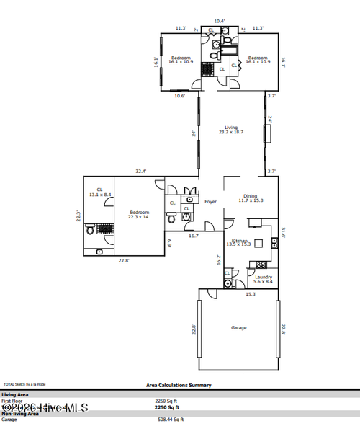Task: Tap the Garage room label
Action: pyautogui.click(x=238, y=328)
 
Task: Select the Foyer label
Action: pyautogui.click(x=211, y=202)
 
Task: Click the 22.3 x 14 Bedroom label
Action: pyautogui.click(x=139, y=214)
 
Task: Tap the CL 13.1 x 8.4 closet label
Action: pyautogui.click(x=99, y=192)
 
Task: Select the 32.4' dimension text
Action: pyautogui.click(x=141, y=172)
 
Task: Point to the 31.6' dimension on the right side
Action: pyautogui.click(x=284, y=232)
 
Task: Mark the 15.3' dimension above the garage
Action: pyautogui.click(x=251, y=294)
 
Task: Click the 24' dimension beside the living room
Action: pyautogui.click(x=194, y=134)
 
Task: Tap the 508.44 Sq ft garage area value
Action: pyautogui.click(x=169, y=420)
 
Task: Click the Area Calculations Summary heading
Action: pyautogui.click(x=179, y=386)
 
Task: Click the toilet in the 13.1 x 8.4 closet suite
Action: pyautogui.click(x=89, y=231)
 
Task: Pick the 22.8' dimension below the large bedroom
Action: pyautogui.click(x=124, y=261)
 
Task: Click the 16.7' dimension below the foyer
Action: pyautogui.click(x=194, y=236)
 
